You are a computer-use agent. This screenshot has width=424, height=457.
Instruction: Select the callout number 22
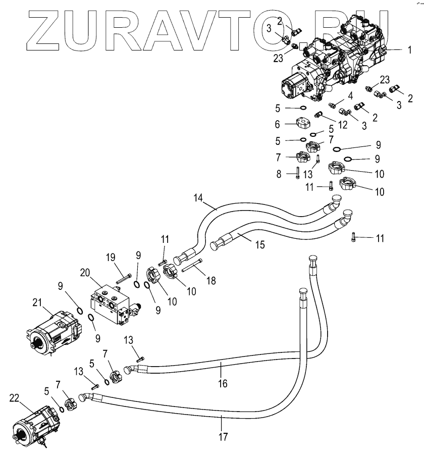14,398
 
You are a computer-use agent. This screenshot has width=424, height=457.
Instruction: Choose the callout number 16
223,384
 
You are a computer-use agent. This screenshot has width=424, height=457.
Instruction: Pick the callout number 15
260,245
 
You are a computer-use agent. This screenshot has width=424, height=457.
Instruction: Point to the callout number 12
343,125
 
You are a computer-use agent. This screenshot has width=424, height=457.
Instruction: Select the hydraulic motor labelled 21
53,333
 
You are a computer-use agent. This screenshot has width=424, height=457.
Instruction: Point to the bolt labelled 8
298,173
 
